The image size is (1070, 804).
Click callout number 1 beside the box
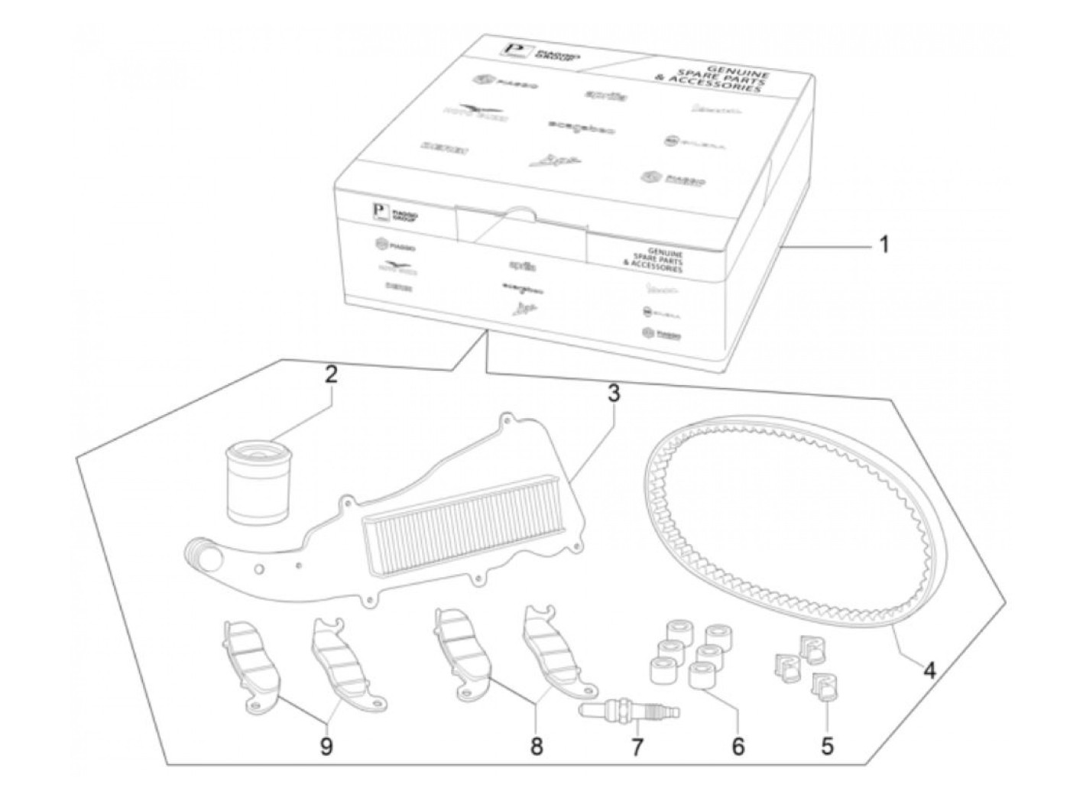point(884,245)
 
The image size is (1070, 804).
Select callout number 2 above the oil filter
point(330,375)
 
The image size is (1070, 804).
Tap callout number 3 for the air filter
point(613,394)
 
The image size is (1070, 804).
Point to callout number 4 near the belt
point(929,670)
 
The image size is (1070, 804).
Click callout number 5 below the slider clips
point(828,746)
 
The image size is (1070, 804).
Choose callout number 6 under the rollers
point(738,746)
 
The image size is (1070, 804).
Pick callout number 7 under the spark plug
point(637,746)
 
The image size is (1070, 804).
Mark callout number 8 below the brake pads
point(537,746)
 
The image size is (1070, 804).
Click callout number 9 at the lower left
point(326,746)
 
